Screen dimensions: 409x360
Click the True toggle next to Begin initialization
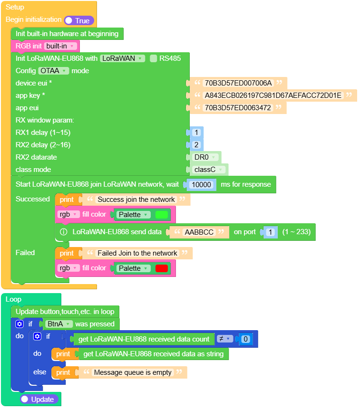(79, 20)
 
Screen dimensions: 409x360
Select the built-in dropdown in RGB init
(60, 46)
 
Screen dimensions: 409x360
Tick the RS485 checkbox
(154, 58)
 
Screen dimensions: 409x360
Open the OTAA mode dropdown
(54, 71)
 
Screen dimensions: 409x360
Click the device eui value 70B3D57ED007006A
(238, 83)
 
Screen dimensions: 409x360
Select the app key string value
(273, 95)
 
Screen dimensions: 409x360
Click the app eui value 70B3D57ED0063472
(238, 108)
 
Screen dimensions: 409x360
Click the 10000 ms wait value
(202, 184)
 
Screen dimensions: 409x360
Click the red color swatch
(162, 268)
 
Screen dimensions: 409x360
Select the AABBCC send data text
(199, 232)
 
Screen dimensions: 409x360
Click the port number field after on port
(270, 232)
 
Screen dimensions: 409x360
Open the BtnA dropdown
(59, 324)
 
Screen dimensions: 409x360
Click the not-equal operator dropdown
(224, 339)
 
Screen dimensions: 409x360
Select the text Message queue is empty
(133, 372)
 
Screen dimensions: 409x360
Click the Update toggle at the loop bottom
(40, 399)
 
